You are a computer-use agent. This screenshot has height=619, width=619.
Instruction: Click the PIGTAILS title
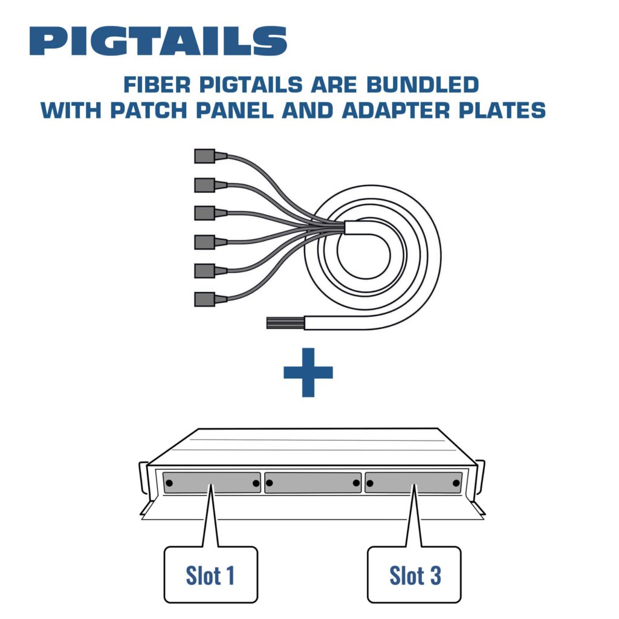click(x=158, y=41)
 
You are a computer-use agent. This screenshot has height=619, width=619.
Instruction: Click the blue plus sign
click(x=308, y=372)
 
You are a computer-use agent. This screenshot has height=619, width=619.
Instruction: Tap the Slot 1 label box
click(x=210, y=575)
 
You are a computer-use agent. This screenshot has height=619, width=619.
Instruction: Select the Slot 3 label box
click(x=414, y=575)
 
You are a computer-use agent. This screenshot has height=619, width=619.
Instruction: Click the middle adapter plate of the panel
click(x=313, y=482)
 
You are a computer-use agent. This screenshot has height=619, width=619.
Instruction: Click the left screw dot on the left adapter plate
click(x=170, y=483)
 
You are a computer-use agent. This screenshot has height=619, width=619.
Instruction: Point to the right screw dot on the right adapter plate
click(x=456, y=483)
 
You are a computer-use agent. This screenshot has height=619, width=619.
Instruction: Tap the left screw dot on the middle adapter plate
click(x=270, y=483)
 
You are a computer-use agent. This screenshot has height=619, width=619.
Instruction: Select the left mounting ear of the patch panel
click(x=143, y=478)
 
